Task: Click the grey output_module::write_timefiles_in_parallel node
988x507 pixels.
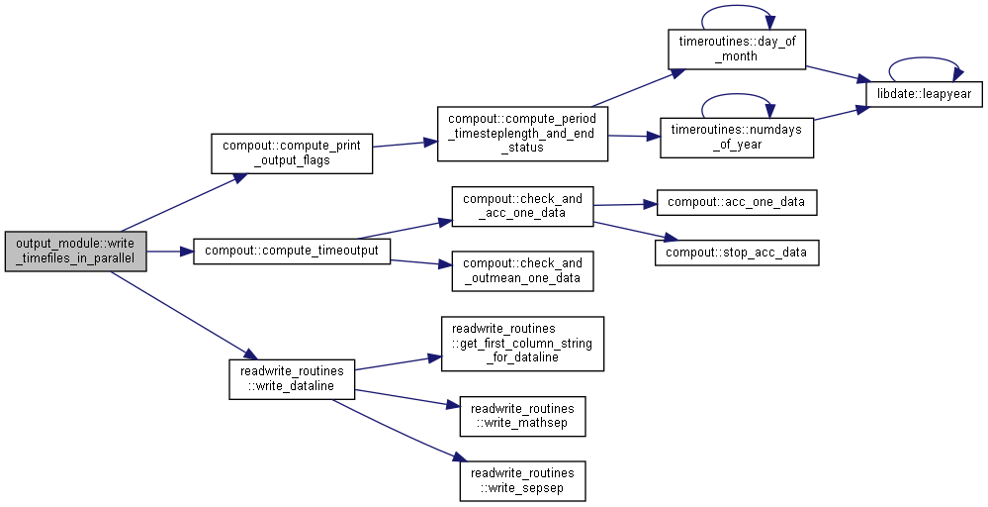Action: coord(75,252)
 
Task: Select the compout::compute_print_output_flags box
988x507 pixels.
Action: coord(292,153)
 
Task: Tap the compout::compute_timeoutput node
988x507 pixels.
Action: coord(292,251)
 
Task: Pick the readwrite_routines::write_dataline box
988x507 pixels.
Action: coord(292,379)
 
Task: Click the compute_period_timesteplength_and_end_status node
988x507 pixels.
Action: coord(522,134)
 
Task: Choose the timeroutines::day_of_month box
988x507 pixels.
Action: coord(737,50)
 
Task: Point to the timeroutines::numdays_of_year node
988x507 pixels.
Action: coord(737,138)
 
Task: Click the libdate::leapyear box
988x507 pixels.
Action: coord(925,95)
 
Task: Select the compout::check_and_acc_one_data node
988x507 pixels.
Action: coord(522,206)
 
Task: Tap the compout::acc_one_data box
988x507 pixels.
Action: coord(737,202)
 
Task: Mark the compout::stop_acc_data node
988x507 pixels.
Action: coord(737,253)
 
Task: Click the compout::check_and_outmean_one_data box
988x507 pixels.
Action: coord(522,271)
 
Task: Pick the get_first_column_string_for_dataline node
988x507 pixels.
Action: coord(522,344)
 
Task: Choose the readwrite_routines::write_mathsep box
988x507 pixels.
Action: coord(522,416)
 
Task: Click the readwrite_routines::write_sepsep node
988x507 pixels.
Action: coord(522,480)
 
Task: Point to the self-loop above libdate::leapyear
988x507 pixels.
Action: coord(925,58)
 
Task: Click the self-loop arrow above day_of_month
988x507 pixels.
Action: coord(737,6)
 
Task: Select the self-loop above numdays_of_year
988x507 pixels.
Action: coord(737,95)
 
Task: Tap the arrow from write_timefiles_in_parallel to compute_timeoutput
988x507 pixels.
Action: coord(169,252)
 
